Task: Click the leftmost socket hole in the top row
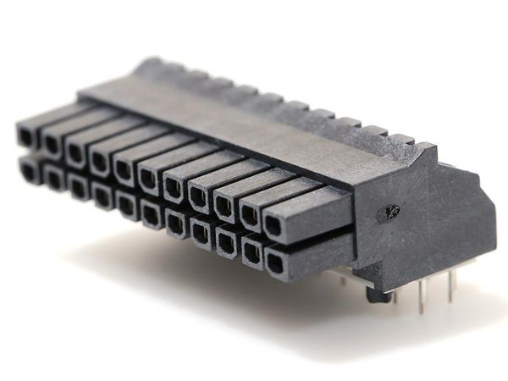(25, 135)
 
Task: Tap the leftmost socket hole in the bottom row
(27, 172)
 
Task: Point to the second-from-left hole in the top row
(51, 143)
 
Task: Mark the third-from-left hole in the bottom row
(79, 189)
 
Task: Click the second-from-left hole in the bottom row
(53, 179)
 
